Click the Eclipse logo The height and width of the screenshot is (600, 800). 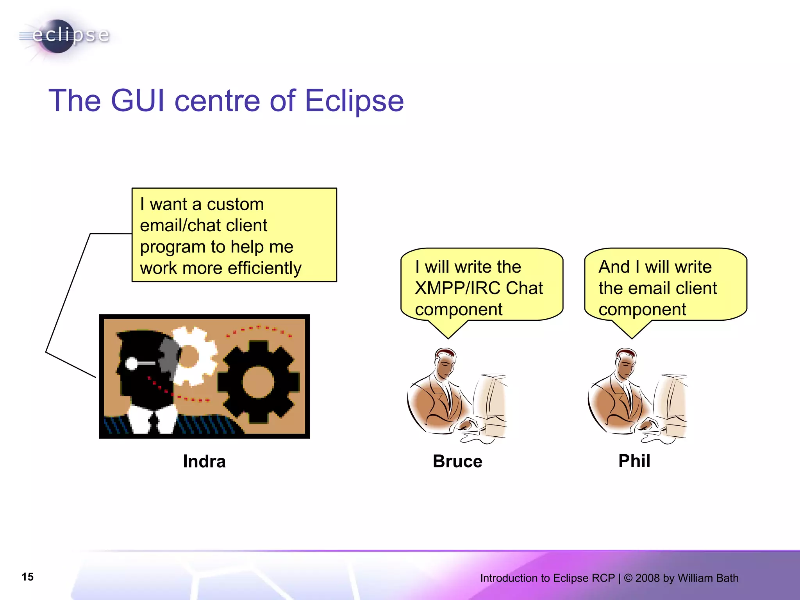pos(64,36)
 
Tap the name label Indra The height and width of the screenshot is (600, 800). pos(204,461)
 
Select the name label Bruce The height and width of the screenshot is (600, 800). pos(457,461)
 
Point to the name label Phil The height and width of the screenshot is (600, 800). pos(634,461)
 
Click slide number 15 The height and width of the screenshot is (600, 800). pos(28,577)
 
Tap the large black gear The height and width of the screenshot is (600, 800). pos(258,381)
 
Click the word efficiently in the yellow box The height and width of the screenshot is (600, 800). pos(264,268)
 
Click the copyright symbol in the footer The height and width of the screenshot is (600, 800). pos(628,578)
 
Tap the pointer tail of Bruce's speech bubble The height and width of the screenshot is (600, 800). pos(448,330)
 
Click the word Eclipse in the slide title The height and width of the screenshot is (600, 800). pos(354,101)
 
